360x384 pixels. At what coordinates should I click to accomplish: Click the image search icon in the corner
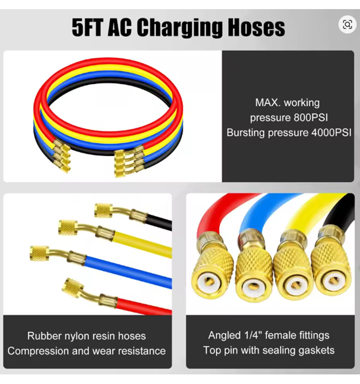point(347,24)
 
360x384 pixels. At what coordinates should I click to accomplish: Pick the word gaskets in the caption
point(314,350)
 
